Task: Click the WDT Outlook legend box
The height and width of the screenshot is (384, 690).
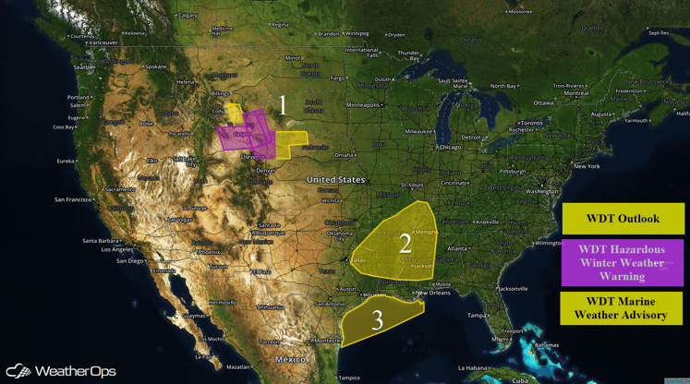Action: tap(623, 219)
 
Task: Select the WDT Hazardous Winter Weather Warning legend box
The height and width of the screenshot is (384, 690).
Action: tap(623, 262)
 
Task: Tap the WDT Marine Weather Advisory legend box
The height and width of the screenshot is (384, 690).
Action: tap(623, 306)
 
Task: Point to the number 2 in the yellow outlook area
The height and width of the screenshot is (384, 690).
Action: tap(405, 244)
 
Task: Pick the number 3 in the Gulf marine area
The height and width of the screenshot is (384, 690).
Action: tap(377, 320)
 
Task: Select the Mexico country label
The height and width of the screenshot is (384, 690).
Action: tap(294, 358)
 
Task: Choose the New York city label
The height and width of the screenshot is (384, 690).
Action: tap(587, 165)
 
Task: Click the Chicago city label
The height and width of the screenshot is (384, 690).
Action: tap(450, 147)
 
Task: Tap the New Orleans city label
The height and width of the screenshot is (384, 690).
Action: tap(433, 293)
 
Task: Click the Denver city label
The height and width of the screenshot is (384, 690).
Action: tap(266, 170)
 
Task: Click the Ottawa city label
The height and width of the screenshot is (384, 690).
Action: tap(542, 102)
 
